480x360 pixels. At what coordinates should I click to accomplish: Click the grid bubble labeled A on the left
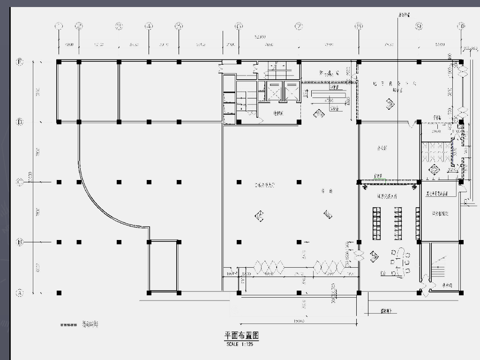20,293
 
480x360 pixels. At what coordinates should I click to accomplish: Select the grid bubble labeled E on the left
20,62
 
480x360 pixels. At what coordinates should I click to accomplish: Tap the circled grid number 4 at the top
149,26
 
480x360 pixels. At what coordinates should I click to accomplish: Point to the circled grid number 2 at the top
79,26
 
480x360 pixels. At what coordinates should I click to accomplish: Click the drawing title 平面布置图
241,336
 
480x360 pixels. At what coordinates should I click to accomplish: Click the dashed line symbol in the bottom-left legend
68,324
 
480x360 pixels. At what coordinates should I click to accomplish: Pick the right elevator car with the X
292,91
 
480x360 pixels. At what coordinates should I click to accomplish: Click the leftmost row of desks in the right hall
376,223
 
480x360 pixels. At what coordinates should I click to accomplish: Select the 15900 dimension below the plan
299,321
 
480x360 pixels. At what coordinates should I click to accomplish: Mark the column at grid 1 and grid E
59,62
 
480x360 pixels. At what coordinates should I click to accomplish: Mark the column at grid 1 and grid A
59,293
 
